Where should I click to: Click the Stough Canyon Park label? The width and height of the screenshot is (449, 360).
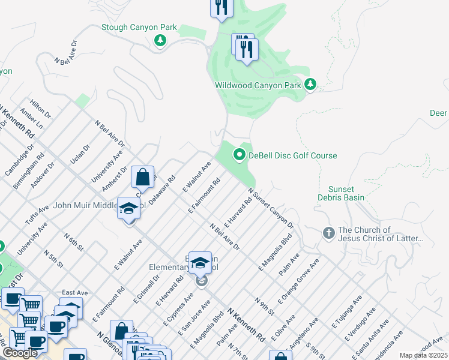[139, 27]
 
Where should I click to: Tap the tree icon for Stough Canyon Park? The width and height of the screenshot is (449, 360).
[160, 41]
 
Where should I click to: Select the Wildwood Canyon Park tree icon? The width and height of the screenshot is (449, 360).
[310, 85]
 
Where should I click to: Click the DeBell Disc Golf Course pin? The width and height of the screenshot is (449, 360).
[240, 155]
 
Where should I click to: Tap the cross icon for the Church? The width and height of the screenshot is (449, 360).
[328, 233]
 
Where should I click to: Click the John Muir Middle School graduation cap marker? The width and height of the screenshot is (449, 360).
[128, 209]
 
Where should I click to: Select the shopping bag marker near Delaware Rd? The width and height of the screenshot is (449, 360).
[143, 178]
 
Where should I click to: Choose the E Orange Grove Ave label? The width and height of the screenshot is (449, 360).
[298, 280]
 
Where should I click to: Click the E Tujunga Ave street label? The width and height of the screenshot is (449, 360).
[347, 310]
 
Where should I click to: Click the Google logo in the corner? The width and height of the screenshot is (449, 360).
[20, 353]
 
